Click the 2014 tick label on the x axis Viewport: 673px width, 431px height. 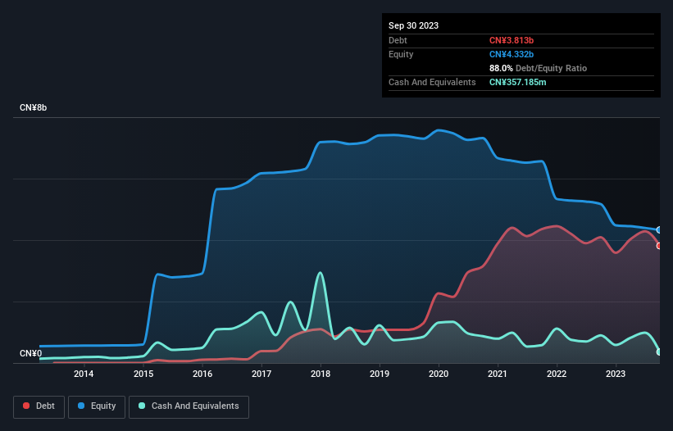(84, 374)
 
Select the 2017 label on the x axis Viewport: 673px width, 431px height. (261, 374)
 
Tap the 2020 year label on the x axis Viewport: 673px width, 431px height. (439, 374)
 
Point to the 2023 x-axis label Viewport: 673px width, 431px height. (616, 374)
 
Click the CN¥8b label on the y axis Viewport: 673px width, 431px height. (34, 108)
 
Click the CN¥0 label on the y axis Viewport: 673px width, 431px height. (30, 354)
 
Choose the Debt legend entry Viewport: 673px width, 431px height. (39, 406)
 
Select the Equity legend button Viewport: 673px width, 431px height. (97, 406)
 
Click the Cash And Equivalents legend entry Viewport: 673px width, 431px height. (189, 406)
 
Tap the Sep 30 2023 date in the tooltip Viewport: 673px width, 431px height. (413, 25)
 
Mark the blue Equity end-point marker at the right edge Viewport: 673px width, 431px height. (659, 230)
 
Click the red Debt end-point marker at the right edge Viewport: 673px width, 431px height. (659, 246)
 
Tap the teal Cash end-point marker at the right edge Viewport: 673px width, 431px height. (659, 352)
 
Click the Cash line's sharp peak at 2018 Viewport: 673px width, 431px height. (320, 273)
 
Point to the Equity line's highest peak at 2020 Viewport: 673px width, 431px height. (440, 130)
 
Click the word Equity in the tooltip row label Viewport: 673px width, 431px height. (401, 54)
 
